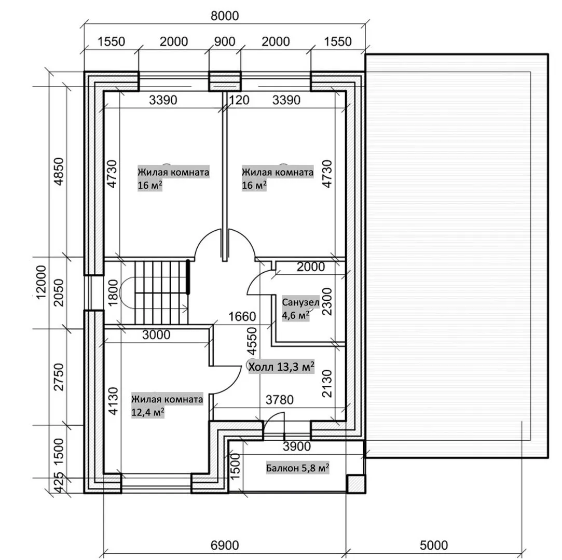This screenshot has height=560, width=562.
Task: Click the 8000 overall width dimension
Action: click(x=225, y=16)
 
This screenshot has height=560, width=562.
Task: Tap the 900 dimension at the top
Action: click(x=225, y=41)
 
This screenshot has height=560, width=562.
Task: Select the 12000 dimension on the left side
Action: click(x=41, y=282)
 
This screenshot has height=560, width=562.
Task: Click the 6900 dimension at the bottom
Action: click(x=225, y=545)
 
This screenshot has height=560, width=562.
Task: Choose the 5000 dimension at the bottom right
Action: click(x=434, y=545)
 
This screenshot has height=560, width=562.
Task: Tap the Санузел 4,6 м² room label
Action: click(x=300, y=309)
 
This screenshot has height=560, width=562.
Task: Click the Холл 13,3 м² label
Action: click(x=281, y=366)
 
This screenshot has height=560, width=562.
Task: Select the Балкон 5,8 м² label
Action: click(x=297, y=468)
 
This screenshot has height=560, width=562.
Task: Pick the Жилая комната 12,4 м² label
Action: click(x=167, y=405)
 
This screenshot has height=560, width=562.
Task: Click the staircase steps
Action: click(x=162, y=292)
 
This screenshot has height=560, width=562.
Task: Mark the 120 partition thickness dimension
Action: click(x=239, y=100)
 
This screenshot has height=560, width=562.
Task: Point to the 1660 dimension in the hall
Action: click(x=242, y=316)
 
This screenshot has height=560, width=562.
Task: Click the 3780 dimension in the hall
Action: click(x=280, y=400)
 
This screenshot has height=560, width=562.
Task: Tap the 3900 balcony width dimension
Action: click(x=297, y=446)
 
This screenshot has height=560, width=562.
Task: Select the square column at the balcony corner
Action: click(x=356, y=484)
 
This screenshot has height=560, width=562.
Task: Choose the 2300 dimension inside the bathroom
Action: click(x=327, y=301)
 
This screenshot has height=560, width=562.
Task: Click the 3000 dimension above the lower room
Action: click(x=156, y=335)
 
